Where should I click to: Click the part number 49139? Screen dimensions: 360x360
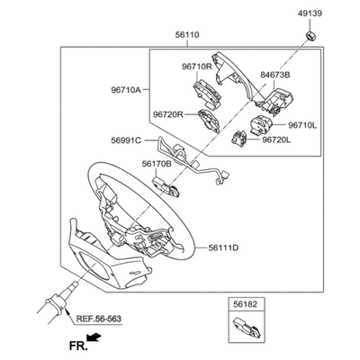310,13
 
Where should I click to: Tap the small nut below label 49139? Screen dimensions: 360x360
310,35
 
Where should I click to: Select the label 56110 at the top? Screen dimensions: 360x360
187,35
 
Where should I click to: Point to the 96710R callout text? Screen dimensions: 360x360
197,67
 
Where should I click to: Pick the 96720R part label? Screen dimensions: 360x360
168,114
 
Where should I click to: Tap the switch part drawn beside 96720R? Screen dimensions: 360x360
209,121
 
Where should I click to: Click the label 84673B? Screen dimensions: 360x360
275,75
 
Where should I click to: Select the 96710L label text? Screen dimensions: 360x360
302,125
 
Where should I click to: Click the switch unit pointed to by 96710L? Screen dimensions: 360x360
261,124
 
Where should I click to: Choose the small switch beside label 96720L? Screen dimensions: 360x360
239,139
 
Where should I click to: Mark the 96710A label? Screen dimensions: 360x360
126,90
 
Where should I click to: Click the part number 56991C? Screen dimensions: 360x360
126,140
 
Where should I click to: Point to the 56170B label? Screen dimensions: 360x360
157,164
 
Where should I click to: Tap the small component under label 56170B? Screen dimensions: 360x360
166,186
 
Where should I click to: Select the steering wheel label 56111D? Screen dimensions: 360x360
223,247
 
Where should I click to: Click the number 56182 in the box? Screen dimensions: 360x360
246,304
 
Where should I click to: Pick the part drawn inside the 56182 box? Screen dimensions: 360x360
247,328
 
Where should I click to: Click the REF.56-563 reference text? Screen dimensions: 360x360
99,319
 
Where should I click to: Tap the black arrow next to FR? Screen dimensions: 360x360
94,337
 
